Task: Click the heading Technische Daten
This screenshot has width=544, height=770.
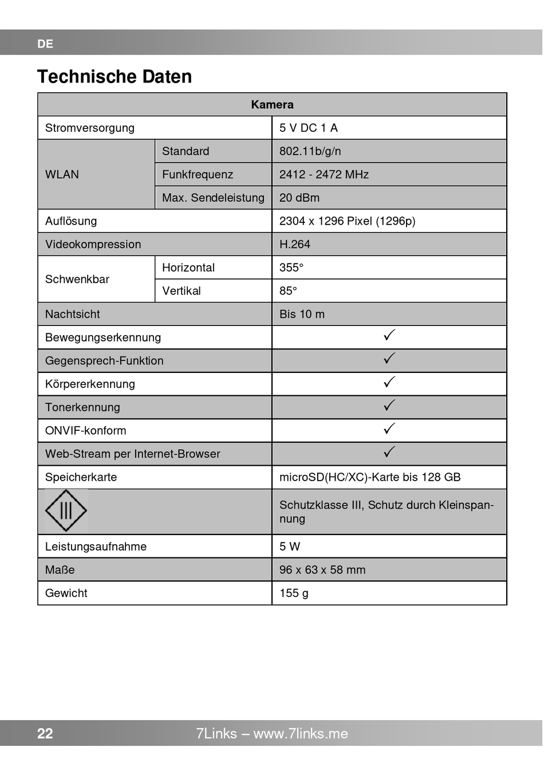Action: (115, 77)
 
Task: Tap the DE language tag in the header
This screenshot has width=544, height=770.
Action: (45, 44)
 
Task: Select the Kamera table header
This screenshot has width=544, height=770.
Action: (272, 105)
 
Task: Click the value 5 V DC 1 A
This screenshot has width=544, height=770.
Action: (309, 128)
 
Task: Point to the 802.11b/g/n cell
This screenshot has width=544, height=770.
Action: (310, 151)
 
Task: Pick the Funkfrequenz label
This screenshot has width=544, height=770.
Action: (198, 175)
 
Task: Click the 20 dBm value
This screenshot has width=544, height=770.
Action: (299, 198)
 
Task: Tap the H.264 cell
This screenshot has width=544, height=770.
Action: (295, 245)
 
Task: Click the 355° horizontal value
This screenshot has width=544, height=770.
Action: (291, 268)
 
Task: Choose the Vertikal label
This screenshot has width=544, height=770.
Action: (182, 291)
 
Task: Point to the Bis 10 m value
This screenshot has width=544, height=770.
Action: (302, 315)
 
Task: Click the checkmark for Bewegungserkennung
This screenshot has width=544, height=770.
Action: (389, 336)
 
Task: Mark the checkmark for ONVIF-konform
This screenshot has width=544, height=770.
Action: (389, 429)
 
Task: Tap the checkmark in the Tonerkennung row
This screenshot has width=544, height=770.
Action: (389, 406)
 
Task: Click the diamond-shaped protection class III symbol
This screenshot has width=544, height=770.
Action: (66, 510)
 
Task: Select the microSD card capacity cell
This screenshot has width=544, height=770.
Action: (370, 477)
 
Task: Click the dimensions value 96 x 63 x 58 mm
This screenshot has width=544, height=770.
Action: (322, 570)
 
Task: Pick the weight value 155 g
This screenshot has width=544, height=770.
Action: (294, 594)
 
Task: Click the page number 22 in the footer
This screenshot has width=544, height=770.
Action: (45, 734)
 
